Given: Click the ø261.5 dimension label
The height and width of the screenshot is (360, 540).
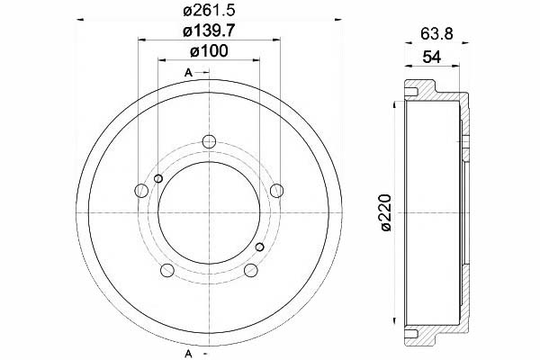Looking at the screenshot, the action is (209, 11).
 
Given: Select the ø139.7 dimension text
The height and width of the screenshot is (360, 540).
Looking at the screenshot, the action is (209, 31).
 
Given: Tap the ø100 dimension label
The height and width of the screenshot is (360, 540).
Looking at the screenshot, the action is (209, 51).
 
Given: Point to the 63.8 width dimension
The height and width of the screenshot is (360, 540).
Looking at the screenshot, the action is (436, 34).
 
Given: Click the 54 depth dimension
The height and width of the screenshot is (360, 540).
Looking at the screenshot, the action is (431, 57).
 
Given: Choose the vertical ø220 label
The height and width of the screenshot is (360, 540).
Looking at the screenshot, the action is (386, 212).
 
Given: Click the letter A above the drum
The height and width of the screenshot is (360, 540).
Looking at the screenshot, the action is (188, 73).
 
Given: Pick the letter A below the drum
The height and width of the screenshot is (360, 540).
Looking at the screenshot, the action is (188, 354).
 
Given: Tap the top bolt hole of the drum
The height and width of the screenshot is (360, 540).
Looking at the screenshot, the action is (209, 141).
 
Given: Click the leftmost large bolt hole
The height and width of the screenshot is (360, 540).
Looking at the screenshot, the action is (141, 191).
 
